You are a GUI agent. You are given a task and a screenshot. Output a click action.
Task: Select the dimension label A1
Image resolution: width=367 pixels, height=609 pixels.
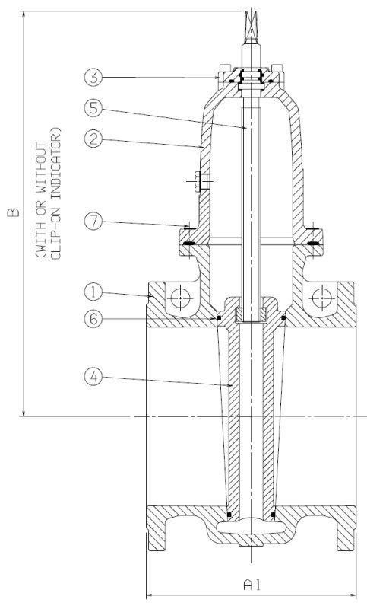point(252,585)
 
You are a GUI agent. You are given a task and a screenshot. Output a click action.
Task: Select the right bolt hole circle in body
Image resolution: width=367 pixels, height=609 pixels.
point(321,295)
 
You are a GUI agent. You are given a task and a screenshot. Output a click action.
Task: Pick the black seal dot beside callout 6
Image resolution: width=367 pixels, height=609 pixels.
point(218,316)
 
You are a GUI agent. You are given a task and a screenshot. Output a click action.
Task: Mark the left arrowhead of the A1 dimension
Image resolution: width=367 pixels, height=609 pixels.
point(148,594)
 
